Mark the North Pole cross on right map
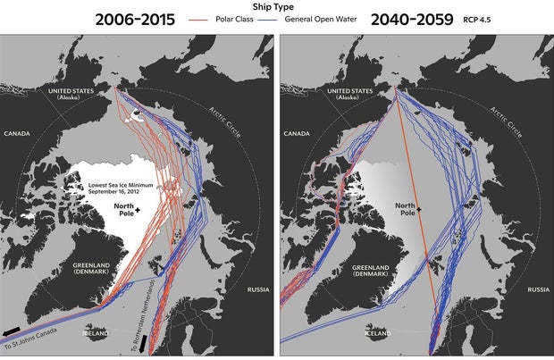(418, 207)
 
